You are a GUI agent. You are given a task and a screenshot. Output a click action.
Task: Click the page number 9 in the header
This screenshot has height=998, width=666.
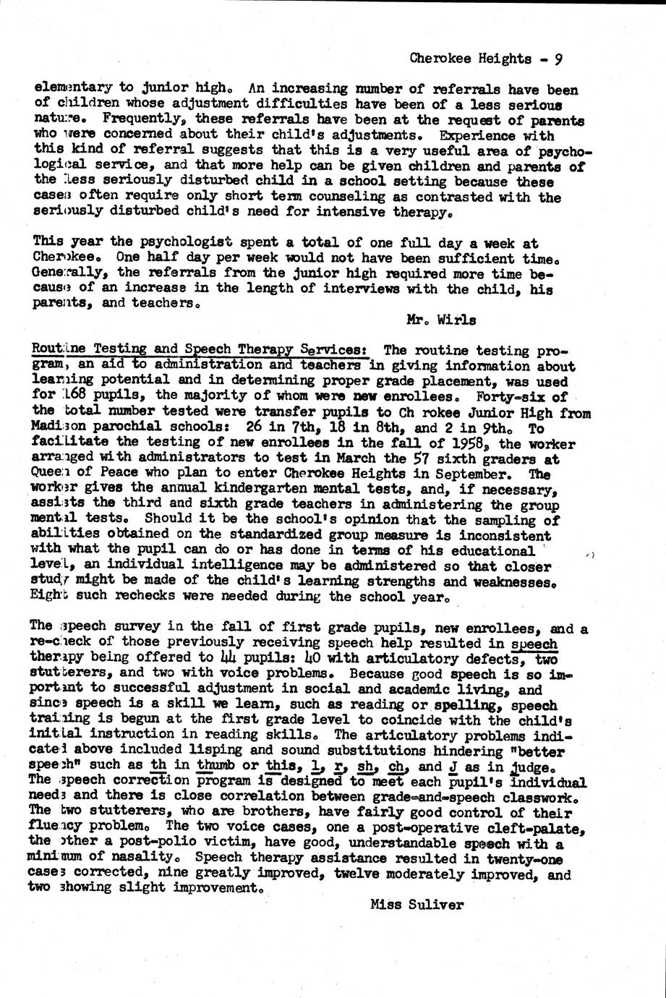pyautogui.click(x=558, y=59)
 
